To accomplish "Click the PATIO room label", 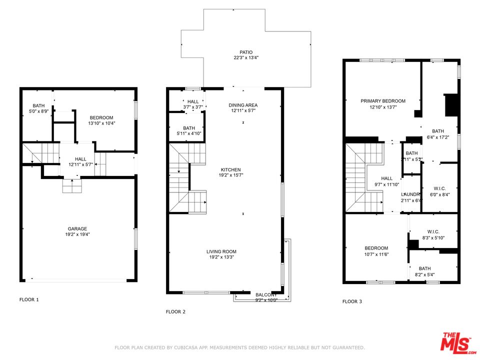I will click(x=245, y=52).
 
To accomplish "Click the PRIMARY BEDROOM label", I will click(x=383, y=101).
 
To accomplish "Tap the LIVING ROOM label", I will click(x=221, y=251).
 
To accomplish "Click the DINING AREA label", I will click(x=243, y=105).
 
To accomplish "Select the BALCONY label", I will click(x=266, y=295).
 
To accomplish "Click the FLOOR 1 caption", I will click(x=29, y=300).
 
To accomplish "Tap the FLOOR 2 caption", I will click(x=175, y=312).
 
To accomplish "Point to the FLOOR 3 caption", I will click(x=352, y=301).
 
